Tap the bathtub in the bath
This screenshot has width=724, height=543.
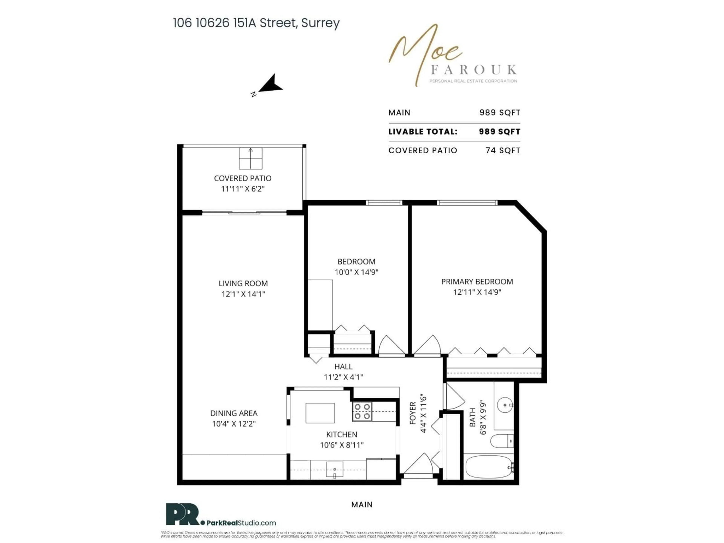coord(488,467)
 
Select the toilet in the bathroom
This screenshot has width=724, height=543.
coord(501,441)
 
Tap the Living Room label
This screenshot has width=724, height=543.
coord(243,283)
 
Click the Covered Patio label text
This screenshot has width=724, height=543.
coord(242,178)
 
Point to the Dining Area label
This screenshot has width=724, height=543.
coord(234,413)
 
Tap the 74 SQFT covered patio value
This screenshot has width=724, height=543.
coord(503,151)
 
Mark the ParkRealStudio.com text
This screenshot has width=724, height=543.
coord(241,523)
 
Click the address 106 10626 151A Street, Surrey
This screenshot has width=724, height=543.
coord(256,23)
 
